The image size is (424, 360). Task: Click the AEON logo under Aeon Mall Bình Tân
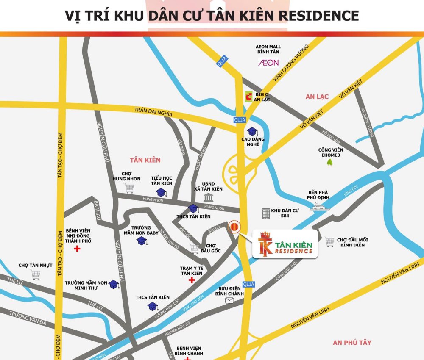[268, 63]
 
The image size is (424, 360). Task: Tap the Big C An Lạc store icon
[248, 97]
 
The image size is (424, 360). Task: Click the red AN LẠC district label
[317, 97]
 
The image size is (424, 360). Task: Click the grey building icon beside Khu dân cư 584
[266, 213]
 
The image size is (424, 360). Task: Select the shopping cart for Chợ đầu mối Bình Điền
[329, 242]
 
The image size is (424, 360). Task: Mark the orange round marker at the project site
[234, 227]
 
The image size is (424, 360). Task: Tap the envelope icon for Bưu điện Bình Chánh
[229, 301]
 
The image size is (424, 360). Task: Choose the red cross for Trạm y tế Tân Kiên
[192, 280]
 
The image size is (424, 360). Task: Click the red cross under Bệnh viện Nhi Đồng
[77, 249]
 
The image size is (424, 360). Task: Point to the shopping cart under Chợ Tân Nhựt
[35, 275]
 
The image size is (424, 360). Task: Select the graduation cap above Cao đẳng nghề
[253, 131]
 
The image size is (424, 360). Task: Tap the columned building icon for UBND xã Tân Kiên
[208, 197]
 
